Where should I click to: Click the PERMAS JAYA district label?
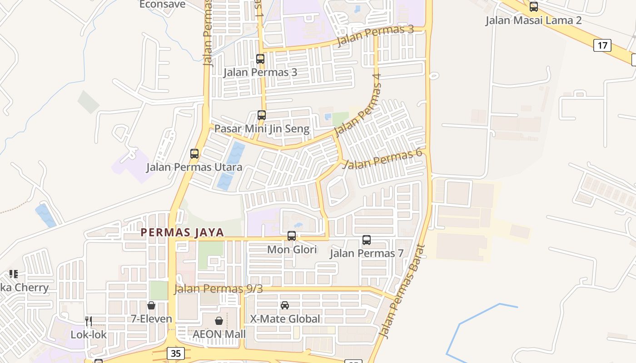click(x=182, y=232)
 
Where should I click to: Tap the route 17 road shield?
click(x=602, y=45)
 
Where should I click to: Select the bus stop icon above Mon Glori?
click(x=292, y=236)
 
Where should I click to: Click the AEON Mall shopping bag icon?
click(x=219, y=321)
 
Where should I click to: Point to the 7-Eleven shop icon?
click(x=151, y=305)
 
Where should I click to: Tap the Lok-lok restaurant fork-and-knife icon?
click(x=89, y=321)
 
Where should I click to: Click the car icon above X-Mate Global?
click(x=285, y=305)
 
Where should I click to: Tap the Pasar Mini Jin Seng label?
click(x=262, y=129)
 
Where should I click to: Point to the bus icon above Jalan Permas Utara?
click(x=194, y=154)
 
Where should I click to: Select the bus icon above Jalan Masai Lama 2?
click(x=534, y=7)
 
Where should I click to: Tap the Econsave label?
click(x=163, y=5)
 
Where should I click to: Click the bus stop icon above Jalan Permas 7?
click(x=367, y=240)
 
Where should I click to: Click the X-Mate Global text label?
click(x=285, y=319)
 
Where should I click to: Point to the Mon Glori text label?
click(x=292, y=250)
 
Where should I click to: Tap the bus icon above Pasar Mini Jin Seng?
click(x=262, y=115)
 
